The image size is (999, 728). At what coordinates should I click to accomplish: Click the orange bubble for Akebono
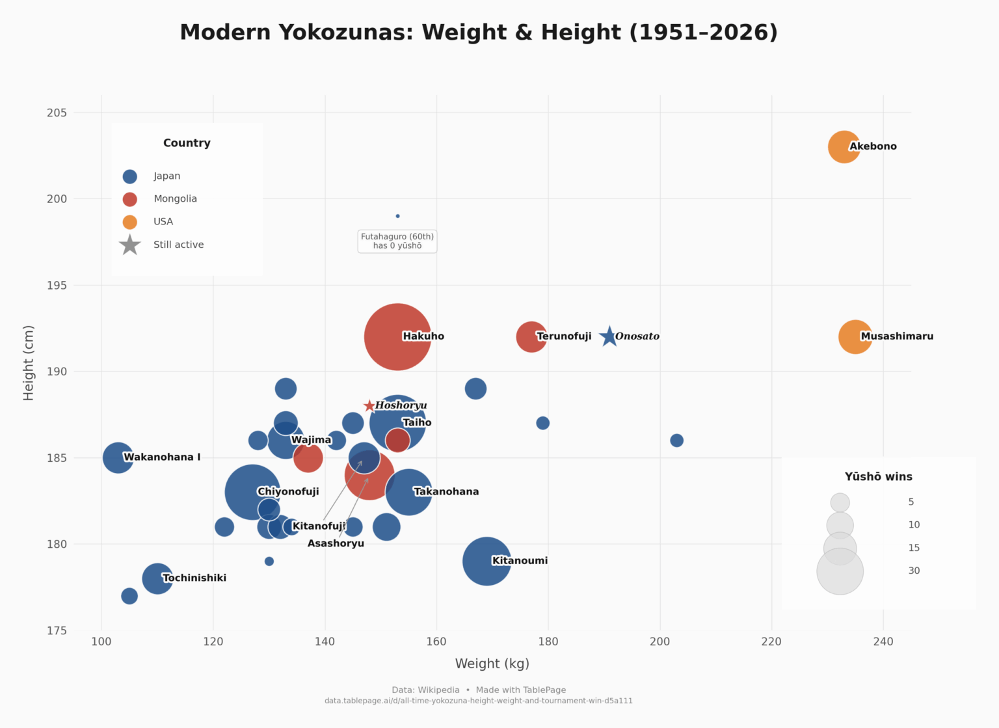(843, 147)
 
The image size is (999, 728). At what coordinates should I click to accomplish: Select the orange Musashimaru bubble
(855, 337)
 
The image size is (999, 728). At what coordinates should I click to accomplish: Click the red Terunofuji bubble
(531, 337)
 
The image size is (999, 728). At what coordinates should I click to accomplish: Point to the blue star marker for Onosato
(608, 336)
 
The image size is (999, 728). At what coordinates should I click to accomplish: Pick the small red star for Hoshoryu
(369, 406)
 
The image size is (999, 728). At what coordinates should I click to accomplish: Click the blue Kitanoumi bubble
(486, 561)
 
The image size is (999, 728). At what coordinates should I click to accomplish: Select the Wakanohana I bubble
(118, 457)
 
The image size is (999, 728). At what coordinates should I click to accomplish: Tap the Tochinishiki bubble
(157, 578)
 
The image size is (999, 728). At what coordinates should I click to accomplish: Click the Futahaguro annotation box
(397, 241)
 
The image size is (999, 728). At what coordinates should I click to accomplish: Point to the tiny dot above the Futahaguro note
(397, 216)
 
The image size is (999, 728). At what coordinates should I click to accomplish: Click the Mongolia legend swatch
(130, 199)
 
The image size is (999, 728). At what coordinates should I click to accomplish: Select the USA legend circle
(130, 222)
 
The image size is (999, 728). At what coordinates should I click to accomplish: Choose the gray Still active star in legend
(130, 245)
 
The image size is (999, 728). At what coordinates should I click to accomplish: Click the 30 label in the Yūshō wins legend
(914, 571)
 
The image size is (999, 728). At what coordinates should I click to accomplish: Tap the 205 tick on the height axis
(57, 113)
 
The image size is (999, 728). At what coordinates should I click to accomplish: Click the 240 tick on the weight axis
(883, 641)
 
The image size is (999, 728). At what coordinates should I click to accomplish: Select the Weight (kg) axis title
(492, 664)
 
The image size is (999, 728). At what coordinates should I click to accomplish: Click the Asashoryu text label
(336, 544)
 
